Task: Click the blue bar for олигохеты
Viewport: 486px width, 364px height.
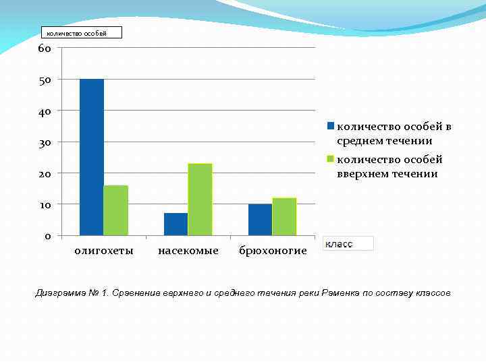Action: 92,157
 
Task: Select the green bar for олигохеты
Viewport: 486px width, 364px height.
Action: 115,210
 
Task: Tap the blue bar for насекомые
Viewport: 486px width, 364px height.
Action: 175,224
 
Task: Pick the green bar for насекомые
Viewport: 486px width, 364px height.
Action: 200,199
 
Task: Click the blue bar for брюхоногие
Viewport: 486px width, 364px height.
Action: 260,219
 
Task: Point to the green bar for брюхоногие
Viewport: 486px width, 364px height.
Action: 284,216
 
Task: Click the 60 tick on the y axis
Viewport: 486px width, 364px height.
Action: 45,49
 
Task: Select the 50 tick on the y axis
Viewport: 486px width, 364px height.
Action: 45,80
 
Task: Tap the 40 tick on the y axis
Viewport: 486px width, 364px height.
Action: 45,111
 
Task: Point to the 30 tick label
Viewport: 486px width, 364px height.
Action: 45,142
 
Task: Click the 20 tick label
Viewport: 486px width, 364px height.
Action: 45,173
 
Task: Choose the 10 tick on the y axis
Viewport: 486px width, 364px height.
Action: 45,204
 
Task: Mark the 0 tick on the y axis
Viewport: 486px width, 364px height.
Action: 48,236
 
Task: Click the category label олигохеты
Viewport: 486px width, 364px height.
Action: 103,251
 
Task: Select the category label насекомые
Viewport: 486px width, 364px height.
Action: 188,251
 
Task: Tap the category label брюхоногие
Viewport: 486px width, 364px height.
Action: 273,251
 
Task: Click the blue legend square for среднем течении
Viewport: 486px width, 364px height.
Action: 331,126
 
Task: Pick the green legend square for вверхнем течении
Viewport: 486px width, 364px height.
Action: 331,159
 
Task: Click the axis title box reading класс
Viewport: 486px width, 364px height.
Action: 347,243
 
